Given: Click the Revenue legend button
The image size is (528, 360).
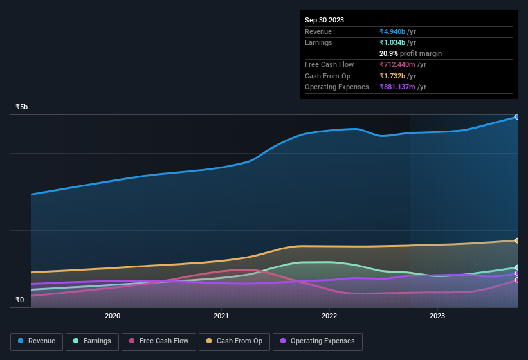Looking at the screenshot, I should (37, 341).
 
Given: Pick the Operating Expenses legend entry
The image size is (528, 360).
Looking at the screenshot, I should (317, 341).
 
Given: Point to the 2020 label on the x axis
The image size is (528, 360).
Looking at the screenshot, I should (113, 316).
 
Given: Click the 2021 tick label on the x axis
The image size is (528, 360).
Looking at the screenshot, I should (221, 316).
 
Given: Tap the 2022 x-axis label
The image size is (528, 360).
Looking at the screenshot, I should (329, 316).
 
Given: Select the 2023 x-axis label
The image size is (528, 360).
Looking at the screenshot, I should (437, 316).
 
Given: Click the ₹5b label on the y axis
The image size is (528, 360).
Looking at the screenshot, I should (22, 107).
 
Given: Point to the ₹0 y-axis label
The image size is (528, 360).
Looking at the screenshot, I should (19, 300).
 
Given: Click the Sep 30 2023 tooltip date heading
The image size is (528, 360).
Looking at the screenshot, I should (324, 20).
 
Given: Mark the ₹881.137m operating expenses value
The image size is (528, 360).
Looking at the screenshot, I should (397, 87).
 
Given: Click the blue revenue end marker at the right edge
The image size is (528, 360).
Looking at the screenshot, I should (516, 117).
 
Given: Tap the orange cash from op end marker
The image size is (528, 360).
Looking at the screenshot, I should (516, 240).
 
